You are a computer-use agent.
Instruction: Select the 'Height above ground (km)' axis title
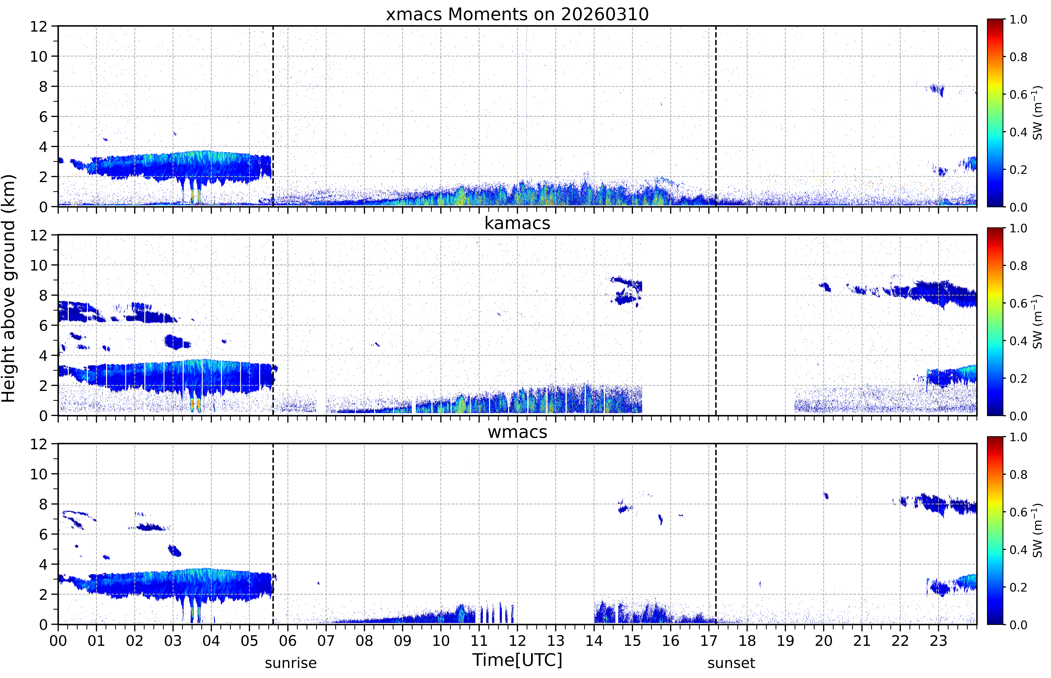point(9,288)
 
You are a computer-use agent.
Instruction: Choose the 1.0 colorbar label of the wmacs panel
point(1018,437)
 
